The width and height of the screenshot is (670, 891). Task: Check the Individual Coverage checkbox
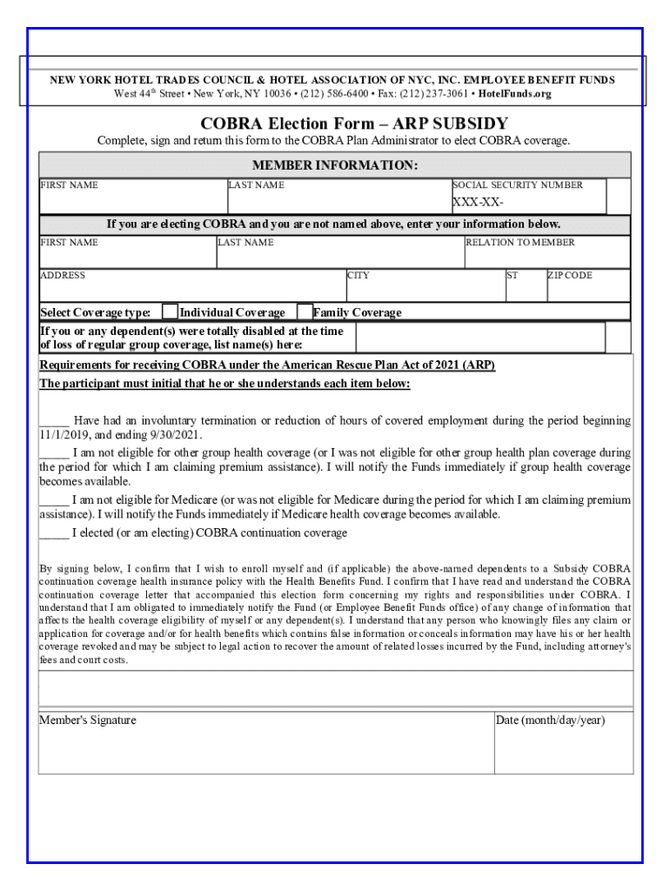tap(171, 312)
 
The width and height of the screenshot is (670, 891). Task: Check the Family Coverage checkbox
tap(305, 312)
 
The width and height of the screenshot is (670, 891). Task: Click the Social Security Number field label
tap(518, 185)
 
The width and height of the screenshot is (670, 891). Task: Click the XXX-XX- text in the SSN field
tap(478, 204)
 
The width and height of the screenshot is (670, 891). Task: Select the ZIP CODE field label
tap(570, 276)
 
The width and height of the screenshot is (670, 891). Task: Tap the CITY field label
tap(358, 276)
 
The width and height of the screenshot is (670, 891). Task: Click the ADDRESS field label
tap(63, 276)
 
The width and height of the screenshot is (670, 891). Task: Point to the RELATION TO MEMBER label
tap(520, 243)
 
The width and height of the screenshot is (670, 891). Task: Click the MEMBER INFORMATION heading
tap(335, 165)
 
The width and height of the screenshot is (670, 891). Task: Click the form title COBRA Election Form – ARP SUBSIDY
tap(354, 124)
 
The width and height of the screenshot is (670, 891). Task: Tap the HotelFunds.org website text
tap(515, 94)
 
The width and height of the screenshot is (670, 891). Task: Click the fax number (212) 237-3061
tap(436, 94)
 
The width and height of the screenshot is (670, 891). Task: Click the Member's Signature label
tap(88, 720)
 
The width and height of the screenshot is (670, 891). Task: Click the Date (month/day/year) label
tap(550, 720)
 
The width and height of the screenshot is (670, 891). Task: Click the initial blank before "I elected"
tap(54, 533)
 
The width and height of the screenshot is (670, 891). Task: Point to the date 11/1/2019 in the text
tap(64, 435)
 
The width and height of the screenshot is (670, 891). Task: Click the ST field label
tap(513, 276)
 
